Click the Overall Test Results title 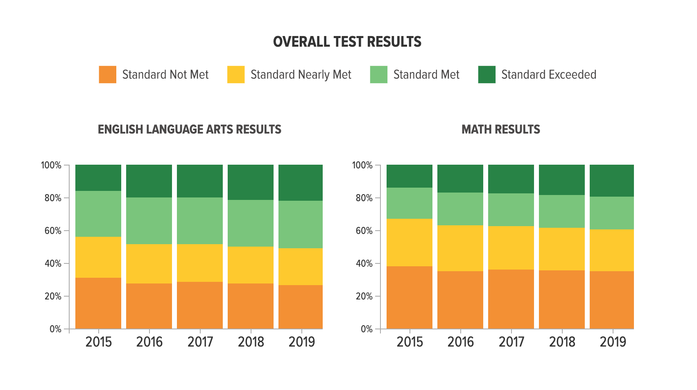tap(347, 42)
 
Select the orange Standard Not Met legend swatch tap(107, 75)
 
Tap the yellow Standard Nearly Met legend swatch tap(236, 75)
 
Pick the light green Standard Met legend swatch tap(378, 75)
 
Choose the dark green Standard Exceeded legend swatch tap(487, 75)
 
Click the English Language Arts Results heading tap(189, 129)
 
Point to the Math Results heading tap(500, 129)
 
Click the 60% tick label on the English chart tap(53, 231)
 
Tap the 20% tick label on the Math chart tap(364, 296)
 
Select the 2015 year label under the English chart tap(98, 342)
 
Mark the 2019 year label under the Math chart tap(613, 342)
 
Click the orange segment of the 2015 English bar tap(98, 303)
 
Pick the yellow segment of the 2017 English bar tap(200, 263)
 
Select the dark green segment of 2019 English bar tap(301, 183)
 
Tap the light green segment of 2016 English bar tap(149, 221)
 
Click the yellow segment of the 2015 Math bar tap(410, 243)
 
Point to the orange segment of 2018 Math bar tap(562, 299)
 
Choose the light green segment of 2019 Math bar tap(612, 213)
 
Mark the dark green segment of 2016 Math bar tap(460, 179)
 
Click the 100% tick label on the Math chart tap(362, 165)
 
